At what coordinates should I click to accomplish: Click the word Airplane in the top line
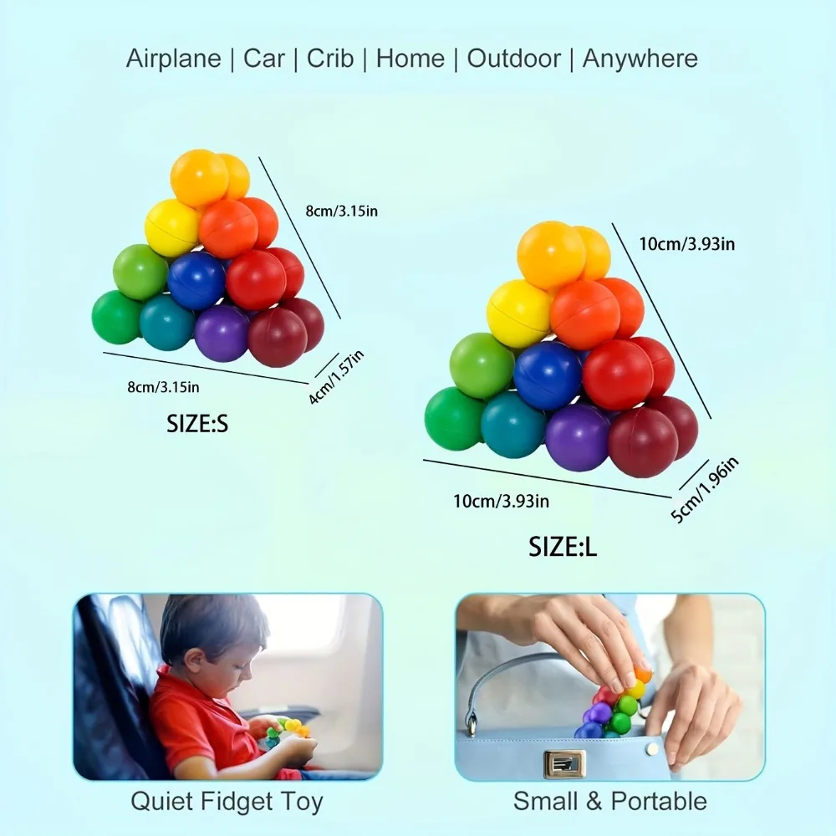tap(173, 59)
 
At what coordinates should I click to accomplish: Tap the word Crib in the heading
tap(330, 59)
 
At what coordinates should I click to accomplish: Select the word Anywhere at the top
tap(640, 59)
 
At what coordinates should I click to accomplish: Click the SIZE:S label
tap(197, 424)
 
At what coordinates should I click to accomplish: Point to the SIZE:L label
tap(563, 547)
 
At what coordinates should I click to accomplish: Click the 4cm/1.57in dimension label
tap(336, 377)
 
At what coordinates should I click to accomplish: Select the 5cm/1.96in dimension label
tap(705, 490)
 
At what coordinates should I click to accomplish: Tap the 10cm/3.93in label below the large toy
tap(501, 501)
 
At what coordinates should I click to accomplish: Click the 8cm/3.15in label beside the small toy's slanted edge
tap(342, 212)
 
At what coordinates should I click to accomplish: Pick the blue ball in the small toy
tap(196, 280)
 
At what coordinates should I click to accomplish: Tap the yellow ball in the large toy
tap(519, 314)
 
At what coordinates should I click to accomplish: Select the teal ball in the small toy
tap(167, 323)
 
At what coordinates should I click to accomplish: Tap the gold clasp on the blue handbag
tap(564, 763)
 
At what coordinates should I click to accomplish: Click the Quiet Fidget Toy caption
tap(227, 802)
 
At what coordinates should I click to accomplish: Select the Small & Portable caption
tap(610, 802)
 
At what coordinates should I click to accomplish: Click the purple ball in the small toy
tap(222, 334)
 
